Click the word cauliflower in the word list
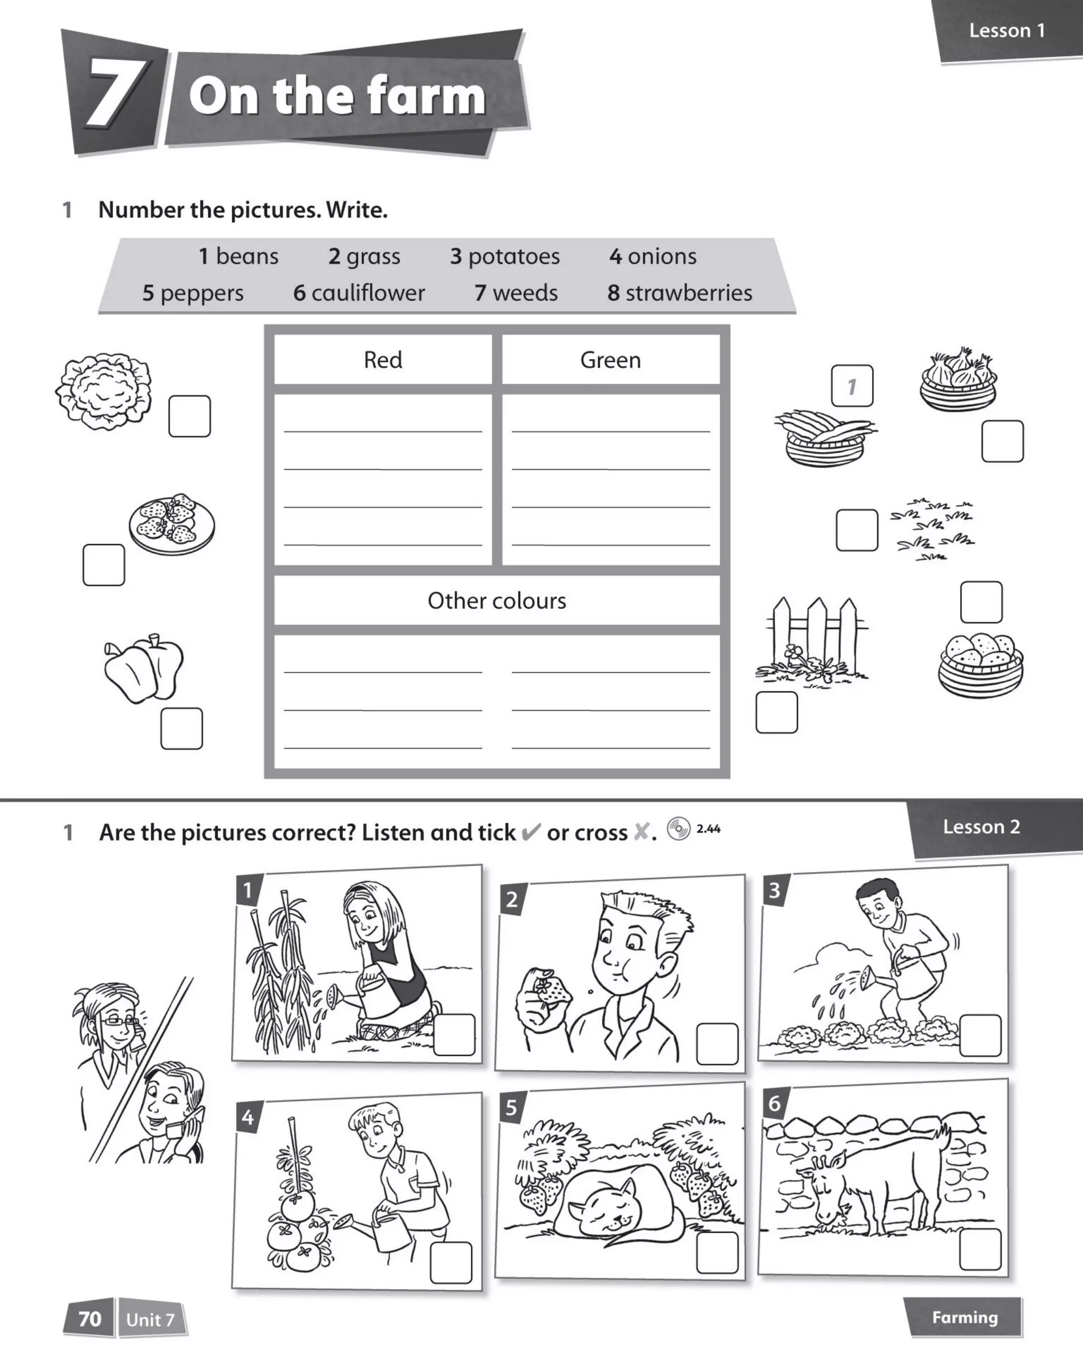coord(368,293)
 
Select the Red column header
coord(383,360)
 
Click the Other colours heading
coord(497,601)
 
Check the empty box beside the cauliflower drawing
coord(189,416)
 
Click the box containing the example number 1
coord(852,386)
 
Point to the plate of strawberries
coord(171,524)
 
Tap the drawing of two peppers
coord(145,668)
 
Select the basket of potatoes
coord(981,665)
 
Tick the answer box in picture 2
coord(717,1044)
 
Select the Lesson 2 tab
coord(981,827)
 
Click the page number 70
coord(89,1319)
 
